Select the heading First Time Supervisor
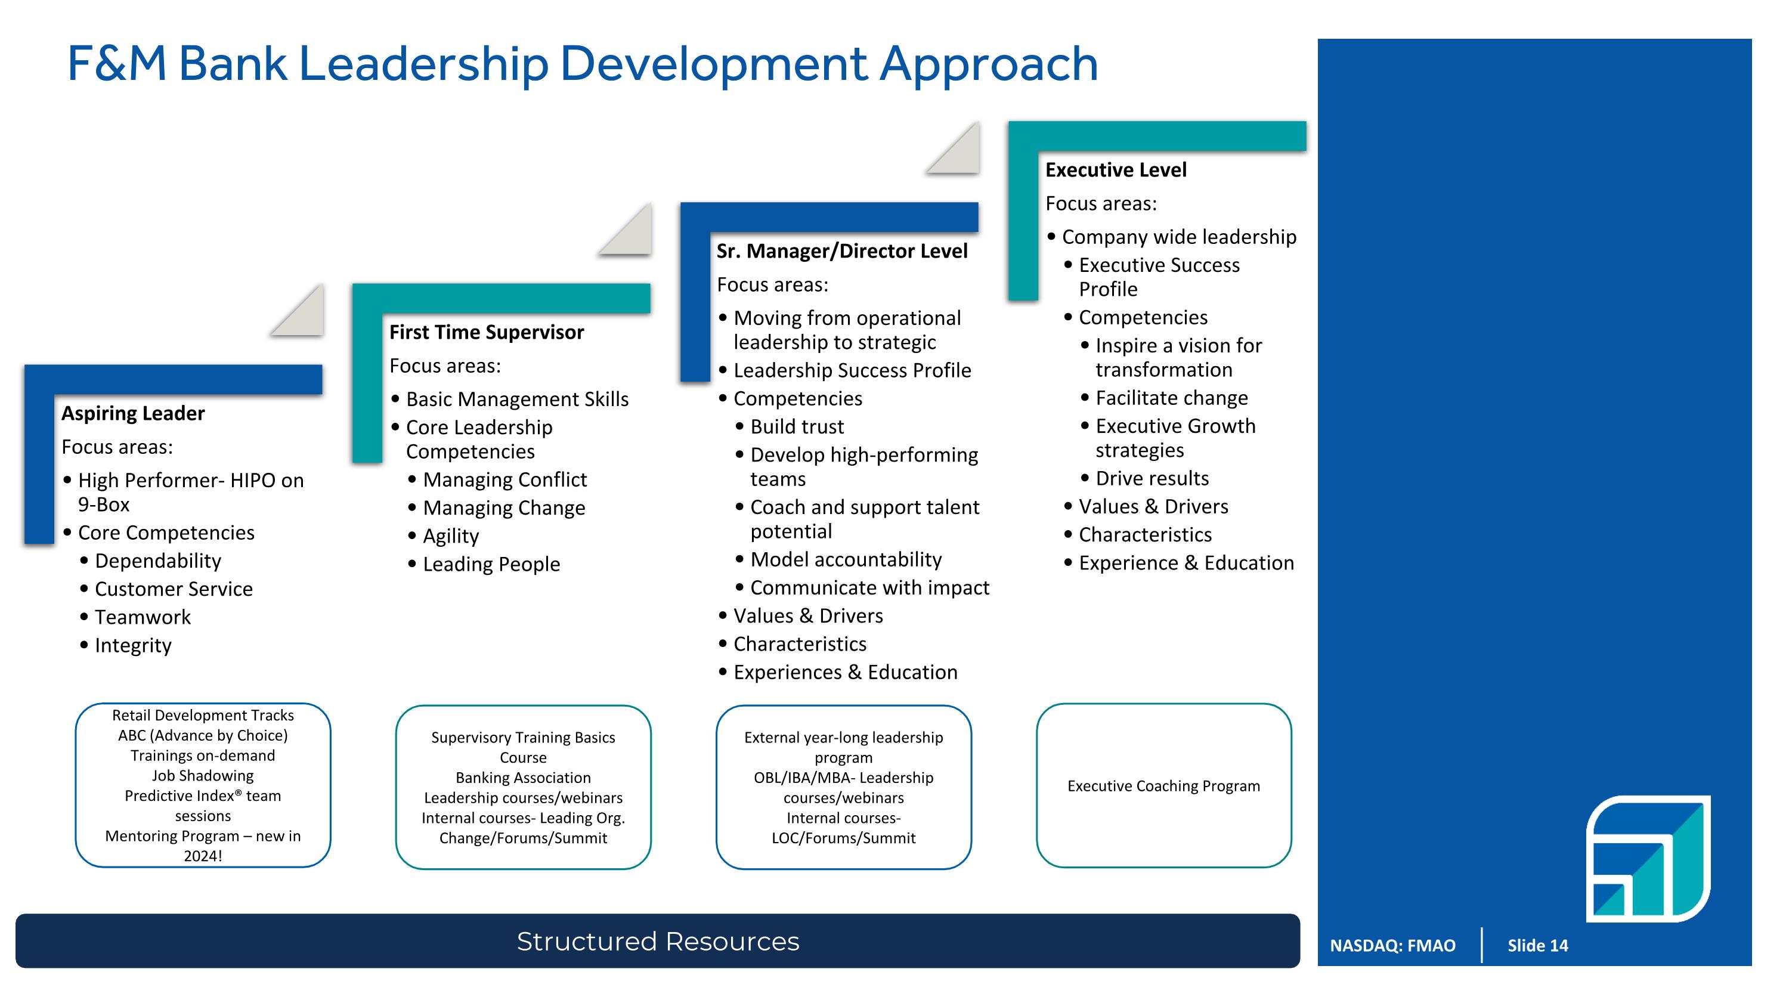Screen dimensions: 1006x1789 point(486,332)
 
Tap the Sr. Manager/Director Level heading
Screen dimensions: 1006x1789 point(841,250)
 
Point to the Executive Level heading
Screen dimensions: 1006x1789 point(1115,169)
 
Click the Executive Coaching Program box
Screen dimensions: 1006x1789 point(1163,786)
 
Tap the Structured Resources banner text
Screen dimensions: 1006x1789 point(658,942)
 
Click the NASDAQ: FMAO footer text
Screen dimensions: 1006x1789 point(1392,946)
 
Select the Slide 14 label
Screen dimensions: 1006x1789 point(1537,946)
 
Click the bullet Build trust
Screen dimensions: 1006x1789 point(797,426)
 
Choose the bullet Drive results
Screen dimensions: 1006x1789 point(1152,478)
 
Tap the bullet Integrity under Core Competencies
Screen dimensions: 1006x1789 point(132,646)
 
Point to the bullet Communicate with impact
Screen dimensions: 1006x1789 point(869,588)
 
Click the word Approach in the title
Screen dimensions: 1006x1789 point(989,64)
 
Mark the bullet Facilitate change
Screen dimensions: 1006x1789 point(1171,398)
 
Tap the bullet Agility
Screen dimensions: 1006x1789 point(451,536)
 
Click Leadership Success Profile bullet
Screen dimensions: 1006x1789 point(852,370)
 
